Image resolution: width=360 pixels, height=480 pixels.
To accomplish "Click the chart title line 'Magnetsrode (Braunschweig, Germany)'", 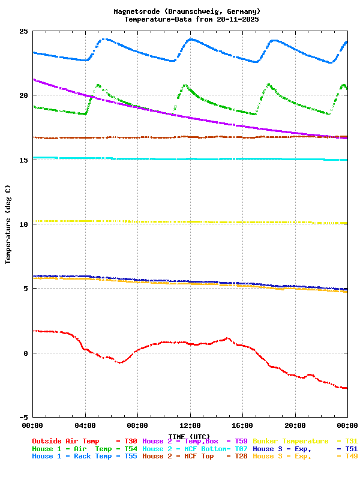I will [187, 11].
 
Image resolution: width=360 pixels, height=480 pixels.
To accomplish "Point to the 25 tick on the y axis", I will [24, 31].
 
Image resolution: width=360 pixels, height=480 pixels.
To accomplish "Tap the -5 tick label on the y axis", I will [24, 417].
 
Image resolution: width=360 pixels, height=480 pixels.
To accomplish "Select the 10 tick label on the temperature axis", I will [24, 224].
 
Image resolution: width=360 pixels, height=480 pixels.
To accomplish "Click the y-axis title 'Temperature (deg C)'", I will [8, 224].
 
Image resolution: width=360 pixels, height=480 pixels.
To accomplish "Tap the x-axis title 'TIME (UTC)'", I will [189, 436].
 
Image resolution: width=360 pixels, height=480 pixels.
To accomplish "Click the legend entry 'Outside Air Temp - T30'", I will [85, 441].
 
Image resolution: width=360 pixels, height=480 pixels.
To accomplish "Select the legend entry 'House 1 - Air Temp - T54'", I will [85, 449].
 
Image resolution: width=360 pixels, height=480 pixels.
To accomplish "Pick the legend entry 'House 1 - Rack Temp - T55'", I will [85, 457].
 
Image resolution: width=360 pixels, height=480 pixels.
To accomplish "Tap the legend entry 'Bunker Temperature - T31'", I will [305, 441].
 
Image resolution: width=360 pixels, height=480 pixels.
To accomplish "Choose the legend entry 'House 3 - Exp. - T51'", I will [305, 449].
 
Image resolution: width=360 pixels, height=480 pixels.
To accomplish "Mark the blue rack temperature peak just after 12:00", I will [191, 39].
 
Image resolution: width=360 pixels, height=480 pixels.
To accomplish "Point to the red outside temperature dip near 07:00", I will [121, 362].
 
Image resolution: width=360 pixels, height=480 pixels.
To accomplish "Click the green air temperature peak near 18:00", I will [268, 85].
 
